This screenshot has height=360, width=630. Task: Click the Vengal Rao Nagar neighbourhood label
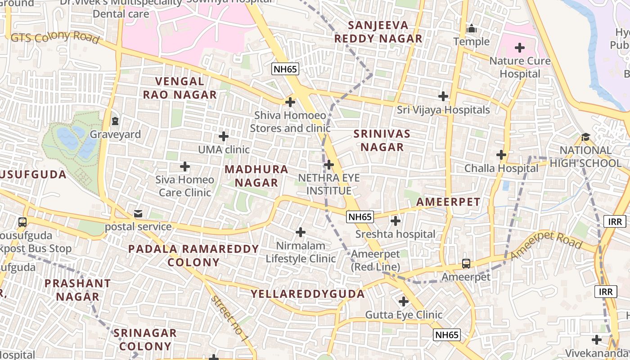[180, 88]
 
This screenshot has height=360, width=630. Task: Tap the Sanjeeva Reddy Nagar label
[378, 32]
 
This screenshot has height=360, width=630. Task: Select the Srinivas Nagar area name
[382, 140]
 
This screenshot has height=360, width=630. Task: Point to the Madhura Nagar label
[256, 176]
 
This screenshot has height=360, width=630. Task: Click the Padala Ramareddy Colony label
[193, 256]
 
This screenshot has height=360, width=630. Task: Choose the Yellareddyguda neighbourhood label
[308, 294]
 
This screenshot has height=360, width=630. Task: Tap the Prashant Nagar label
[77, 290]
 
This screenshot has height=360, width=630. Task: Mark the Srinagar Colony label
[145, 340]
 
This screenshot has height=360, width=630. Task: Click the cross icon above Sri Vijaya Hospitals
[443, 96]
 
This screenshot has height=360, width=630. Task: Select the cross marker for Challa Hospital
[501, 155]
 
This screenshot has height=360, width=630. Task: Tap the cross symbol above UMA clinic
[224, 136]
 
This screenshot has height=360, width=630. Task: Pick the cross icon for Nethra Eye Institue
[329, 165]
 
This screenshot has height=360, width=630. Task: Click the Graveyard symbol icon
[115, 121]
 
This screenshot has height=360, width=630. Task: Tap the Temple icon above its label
[472, 29]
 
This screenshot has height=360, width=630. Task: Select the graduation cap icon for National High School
[585, 137]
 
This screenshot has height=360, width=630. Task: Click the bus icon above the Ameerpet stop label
[466, 264]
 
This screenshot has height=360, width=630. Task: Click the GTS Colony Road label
[55, 38]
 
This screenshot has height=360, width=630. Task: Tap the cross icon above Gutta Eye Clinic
[404, 301]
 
